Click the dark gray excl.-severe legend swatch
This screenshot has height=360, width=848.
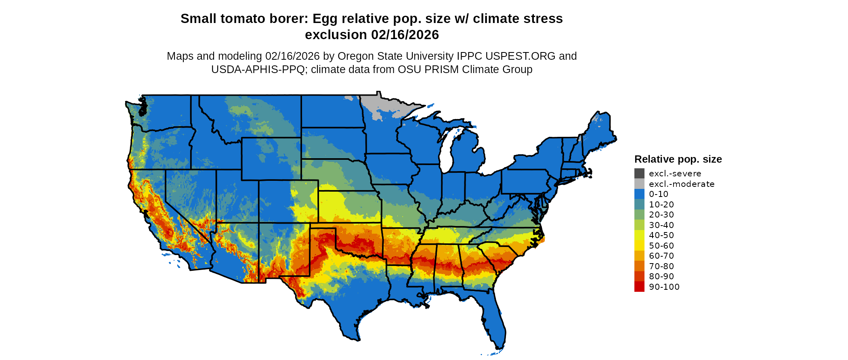[639, 174]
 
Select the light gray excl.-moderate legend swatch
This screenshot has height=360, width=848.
[639, 184]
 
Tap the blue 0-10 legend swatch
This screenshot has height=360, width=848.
[639, 194]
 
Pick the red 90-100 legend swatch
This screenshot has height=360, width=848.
[639, 287]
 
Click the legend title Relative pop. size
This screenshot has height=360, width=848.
[678, 159]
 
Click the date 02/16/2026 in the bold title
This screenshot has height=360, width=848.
[405, 35]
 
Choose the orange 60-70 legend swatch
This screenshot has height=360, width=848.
[639, 256]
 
